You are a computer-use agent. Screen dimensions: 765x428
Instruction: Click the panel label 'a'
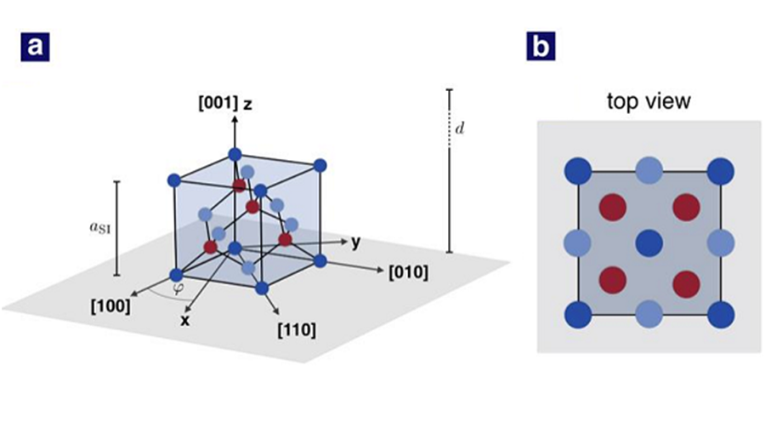point(35,47)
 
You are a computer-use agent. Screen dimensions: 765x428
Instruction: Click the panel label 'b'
point(541,47)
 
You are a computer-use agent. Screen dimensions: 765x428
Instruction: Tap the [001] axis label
point(218,104)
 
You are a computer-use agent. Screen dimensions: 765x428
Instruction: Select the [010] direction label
point(409,272)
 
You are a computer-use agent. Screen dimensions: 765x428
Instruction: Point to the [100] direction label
point(110,306)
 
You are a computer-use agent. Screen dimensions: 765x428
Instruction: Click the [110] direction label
point(297,330)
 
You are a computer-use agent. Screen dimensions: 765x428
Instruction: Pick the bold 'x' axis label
point(184,321)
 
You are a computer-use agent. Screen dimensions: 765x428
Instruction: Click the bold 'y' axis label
point(357,242)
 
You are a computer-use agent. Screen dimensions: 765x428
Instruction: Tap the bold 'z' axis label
point(248,104)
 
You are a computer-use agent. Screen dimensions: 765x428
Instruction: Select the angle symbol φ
point(178,289)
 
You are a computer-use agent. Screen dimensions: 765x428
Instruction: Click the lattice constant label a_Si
point(100,227)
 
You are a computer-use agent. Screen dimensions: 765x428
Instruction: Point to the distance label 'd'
point(460,128)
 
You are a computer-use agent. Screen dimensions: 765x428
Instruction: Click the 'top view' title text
point(649,101)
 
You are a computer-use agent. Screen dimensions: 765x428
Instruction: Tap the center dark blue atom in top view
point(649,243)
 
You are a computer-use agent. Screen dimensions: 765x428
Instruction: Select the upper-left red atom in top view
point(613,207)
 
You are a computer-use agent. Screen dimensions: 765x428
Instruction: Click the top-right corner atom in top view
point(721,172)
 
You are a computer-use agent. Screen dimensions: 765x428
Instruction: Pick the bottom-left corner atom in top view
point(578,315)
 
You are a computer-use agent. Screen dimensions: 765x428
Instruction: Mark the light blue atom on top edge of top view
point(649,172)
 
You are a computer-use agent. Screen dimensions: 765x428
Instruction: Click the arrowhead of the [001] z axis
point(235,117)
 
